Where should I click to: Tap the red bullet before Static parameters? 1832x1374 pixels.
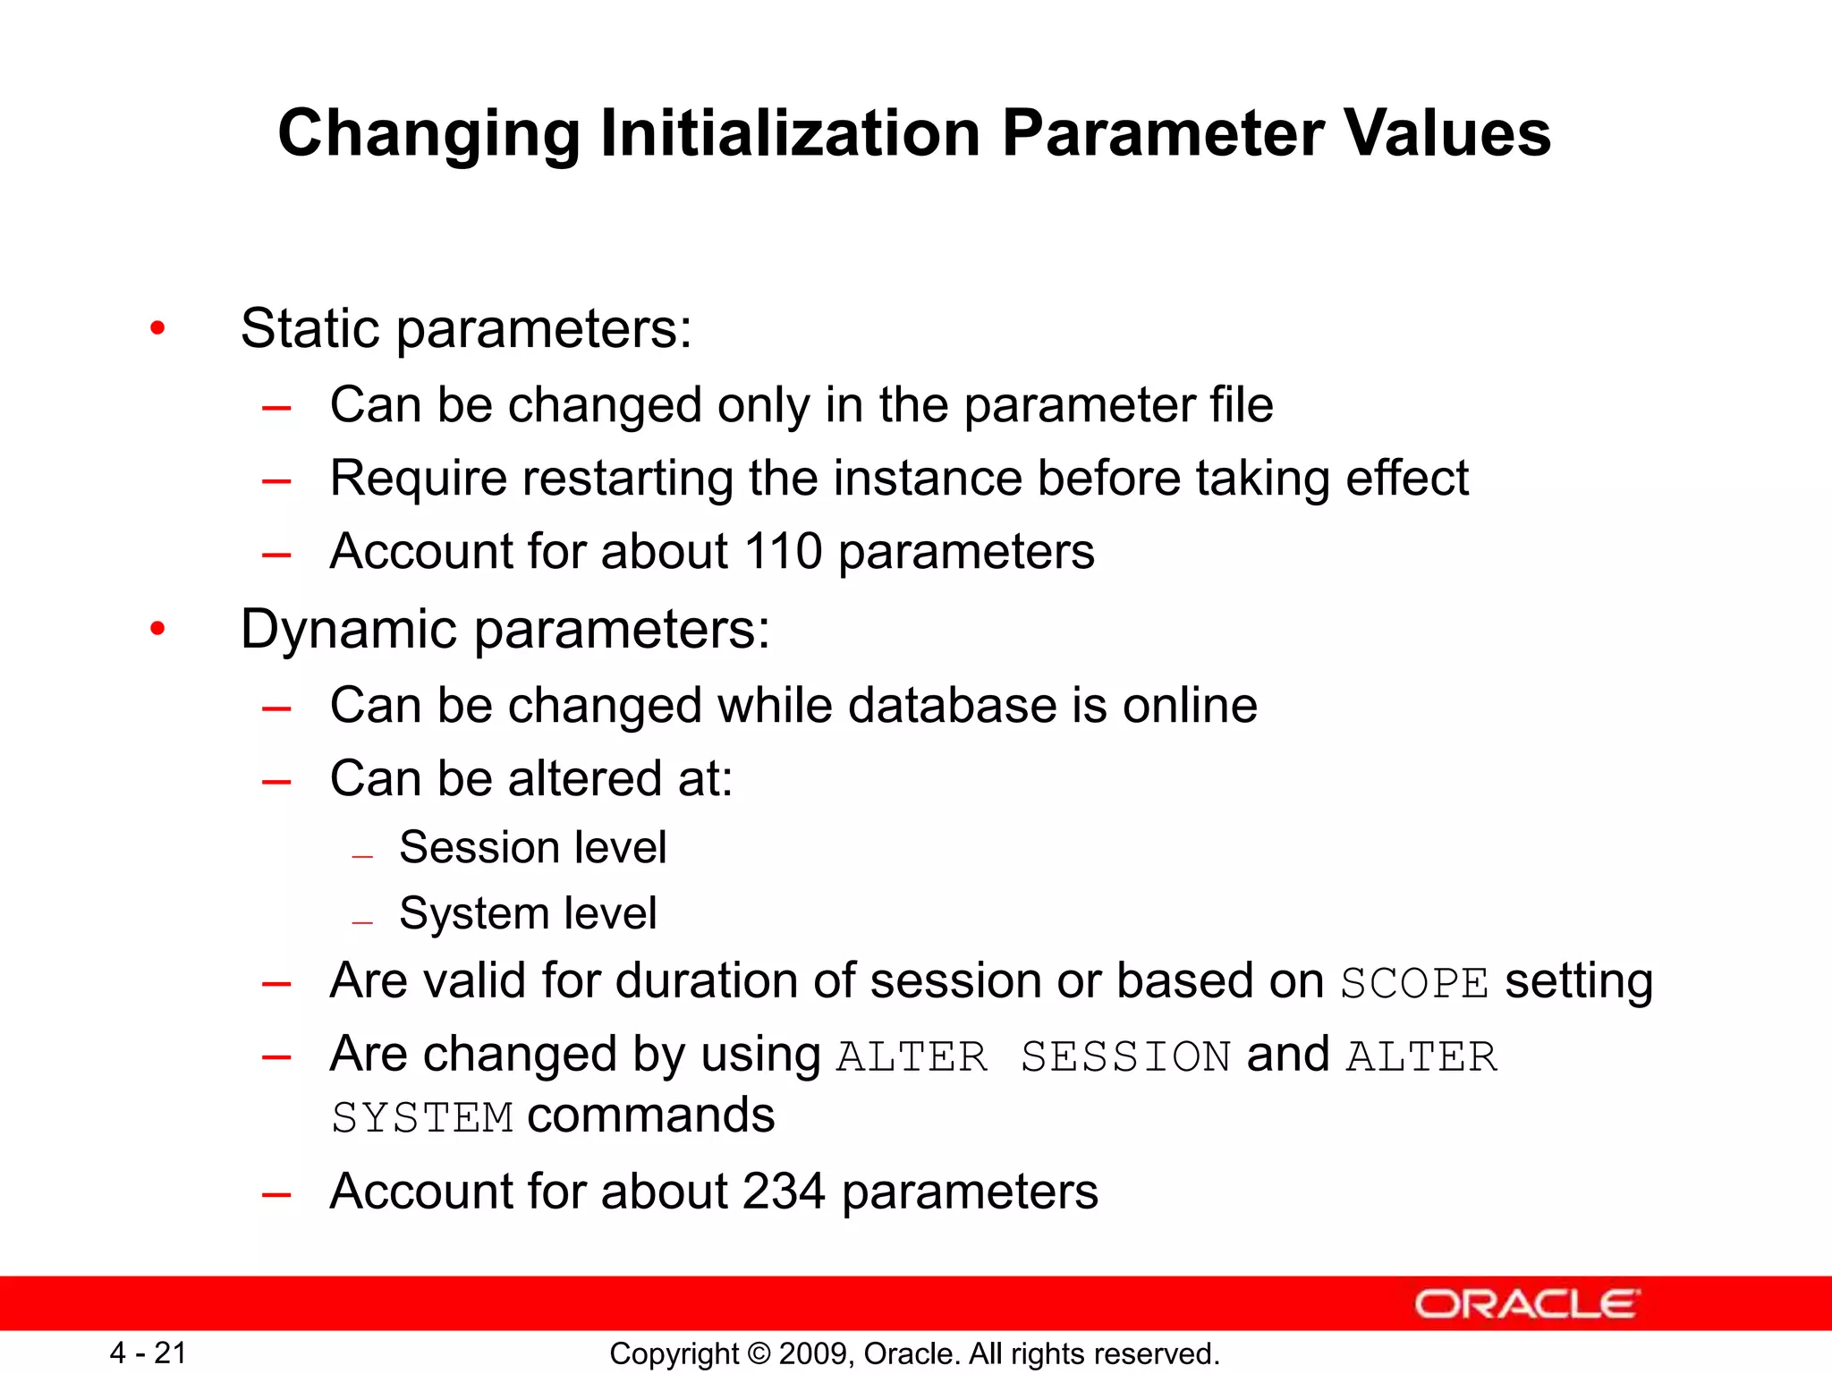tap(158, 328)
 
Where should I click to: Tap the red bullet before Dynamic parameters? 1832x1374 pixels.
tap(158, 629)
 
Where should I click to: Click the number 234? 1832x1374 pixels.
tap(783, 1192)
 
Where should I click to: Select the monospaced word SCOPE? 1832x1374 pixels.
tap(1413, 984)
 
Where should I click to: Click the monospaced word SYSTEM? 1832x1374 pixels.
tap(422, 1118)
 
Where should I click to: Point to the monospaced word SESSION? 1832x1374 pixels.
tap(1125, 1057)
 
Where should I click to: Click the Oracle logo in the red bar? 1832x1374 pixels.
tap(1526, 1304)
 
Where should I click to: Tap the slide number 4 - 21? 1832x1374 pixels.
tap(148, 1353)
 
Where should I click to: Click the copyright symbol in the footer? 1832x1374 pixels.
tap(759, 1353)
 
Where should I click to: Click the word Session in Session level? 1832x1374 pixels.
tap(477, 847)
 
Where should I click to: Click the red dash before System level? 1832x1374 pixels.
tap(362, 921)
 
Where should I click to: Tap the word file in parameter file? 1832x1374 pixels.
tap(1241, 405)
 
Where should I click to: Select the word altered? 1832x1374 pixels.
tap(584, 778)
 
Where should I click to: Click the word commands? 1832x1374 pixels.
tap(650, 1116)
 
